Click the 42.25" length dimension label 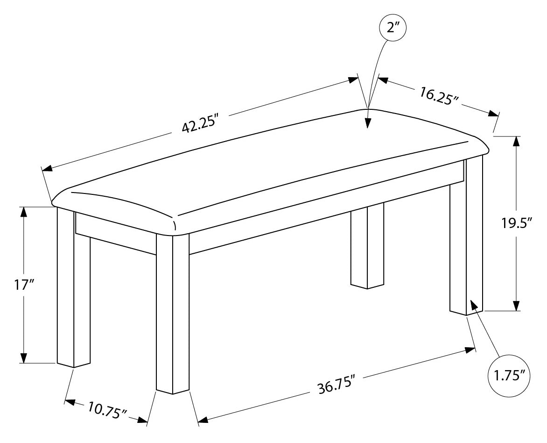click(x=200, y=122)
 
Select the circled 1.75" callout click(x=509, y=376)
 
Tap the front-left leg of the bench click(x=74, y=287)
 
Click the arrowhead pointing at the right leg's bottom click(x=475, y=305)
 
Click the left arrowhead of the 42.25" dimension click(x=47, y=168)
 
